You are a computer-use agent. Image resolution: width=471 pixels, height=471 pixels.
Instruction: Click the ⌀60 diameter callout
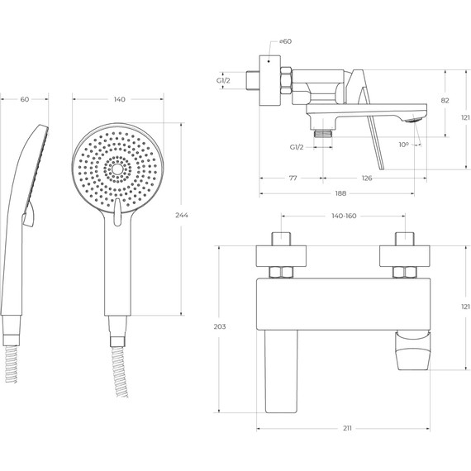point(285,41)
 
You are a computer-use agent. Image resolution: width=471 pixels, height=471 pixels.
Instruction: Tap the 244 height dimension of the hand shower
point(182,215)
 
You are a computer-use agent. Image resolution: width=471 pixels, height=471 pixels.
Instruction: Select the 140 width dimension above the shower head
point(119,99)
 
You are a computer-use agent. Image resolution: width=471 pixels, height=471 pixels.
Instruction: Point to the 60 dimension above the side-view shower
point(25,99)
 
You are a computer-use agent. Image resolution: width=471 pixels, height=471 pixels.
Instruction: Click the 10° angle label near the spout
point(404,145)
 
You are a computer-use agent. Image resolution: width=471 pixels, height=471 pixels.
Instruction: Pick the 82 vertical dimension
point(445,100)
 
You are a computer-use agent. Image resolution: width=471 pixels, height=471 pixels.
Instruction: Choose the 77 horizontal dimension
point(293,178)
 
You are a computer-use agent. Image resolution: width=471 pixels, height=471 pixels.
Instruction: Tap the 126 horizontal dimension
point(367,178)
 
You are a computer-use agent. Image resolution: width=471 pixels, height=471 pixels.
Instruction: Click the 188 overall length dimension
point(340,193)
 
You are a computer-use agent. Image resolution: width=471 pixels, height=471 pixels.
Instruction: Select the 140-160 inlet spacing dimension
point(344,216)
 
